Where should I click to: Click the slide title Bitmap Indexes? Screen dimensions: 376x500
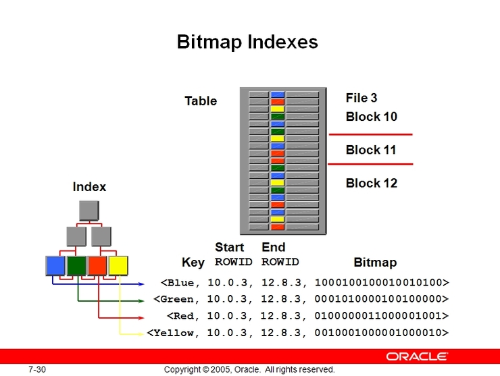coord(247,42)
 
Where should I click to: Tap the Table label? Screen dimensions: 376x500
coord(201,101)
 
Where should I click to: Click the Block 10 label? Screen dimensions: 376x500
coord(372,117)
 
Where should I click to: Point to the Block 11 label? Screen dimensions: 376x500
coord(371,150)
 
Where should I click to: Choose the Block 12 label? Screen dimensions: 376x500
coord(372,183)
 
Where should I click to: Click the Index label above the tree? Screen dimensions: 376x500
coord(89,187)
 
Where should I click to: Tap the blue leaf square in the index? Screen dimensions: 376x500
coord(55,266)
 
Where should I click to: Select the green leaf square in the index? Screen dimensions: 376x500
coord(76,266)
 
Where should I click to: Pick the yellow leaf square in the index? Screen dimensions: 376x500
coord(118,266)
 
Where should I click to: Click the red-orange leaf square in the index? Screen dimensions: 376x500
coord(97,266)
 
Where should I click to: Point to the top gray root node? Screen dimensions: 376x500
coord(89,211)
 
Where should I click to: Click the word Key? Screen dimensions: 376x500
coord(193,262)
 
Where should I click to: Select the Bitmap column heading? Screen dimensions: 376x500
coord(375,262)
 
